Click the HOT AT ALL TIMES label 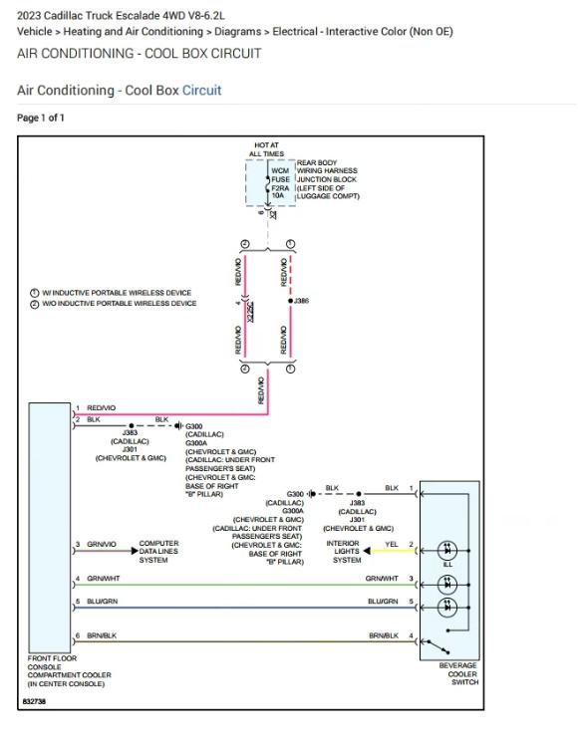tap(266, 149)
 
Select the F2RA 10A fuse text tap(280, 191)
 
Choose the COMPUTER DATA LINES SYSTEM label tap(158, 552)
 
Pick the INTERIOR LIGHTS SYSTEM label tap(346, 552)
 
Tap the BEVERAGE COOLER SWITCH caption tap(457, 673)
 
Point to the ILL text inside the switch tap(447, 565)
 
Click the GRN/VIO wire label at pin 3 tap(102, 544)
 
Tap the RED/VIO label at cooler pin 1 tap(102, 408)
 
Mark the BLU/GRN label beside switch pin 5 tap(383, 602)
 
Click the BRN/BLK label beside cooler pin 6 tap(102, 635)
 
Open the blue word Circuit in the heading tap(201, 91)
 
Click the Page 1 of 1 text tap(41, 119)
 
